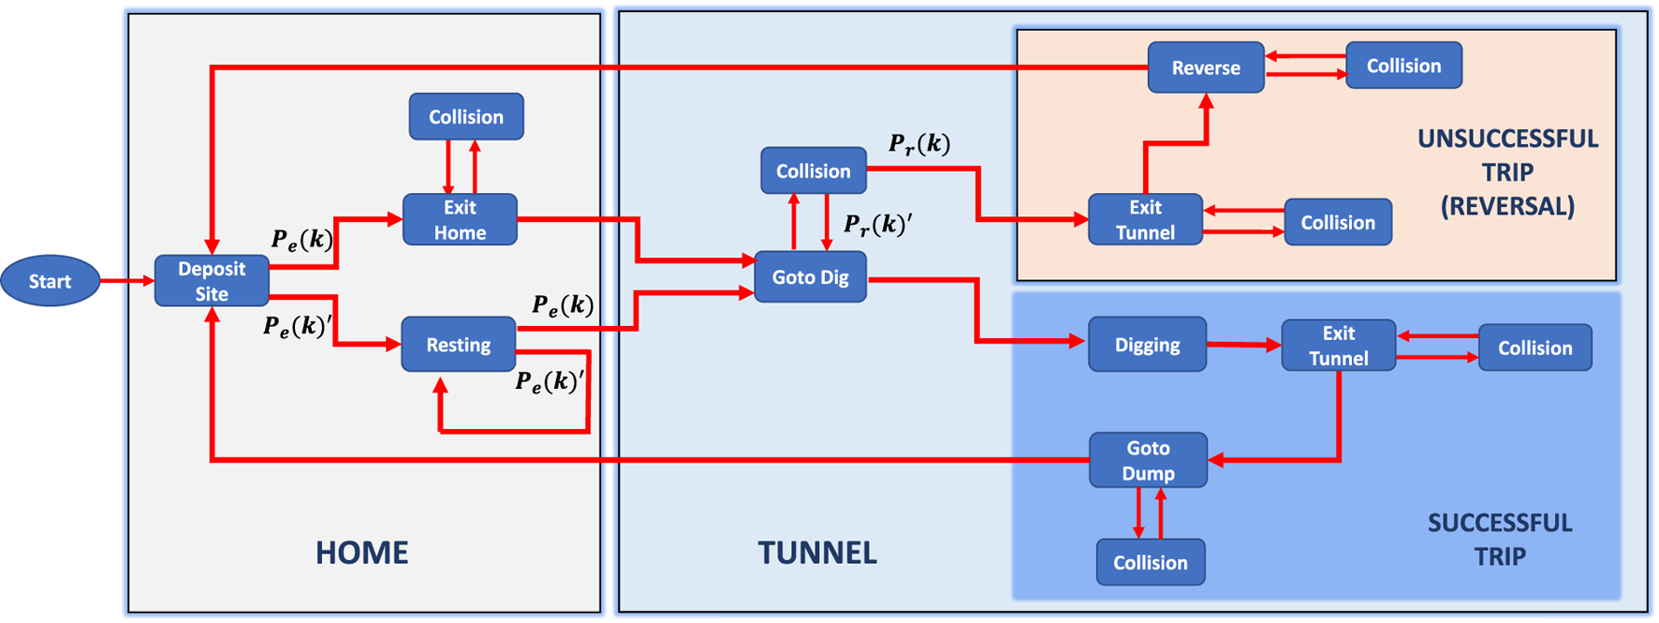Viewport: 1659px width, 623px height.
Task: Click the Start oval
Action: click(x=50, y=281)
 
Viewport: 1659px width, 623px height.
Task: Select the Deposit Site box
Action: click(x=212, y=281)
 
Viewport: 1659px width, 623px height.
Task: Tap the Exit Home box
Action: click(x=460, y=219)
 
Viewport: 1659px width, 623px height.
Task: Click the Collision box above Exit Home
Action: click(x=466, y=117)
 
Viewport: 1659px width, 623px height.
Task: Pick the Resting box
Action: click(x=459, y=345)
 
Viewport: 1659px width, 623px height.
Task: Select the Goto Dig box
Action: click(x=810, y=277)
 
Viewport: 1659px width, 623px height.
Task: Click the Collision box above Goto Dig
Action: click(x=813, y=171)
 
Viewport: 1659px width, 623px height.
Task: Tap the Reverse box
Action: click(x=1206, y=67)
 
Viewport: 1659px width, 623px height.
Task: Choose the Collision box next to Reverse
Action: click(x=1403, y=66)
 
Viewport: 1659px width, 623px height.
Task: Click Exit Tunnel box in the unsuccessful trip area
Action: click(x=1145, y=219)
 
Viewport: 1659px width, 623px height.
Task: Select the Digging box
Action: click(x=1147, y=345)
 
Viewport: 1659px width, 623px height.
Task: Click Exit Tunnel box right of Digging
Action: click(x=1338, y=346)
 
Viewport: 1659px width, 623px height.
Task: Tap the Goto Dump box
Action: click(x=1148, y=460)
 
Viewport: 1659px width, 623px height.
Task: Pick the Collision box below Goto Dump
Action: click(x=1151, y=562)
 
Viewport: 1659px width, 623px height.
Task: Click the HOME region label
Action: click(x=361, y=553)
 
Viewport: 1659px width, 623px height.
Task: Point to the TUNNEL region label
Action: click(x=817, y=553)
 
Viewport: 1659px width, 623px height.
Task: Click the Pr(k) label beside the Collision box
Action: click(x=919, y=143)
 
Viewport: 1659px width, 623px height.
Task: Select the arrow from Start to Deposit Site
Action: click(x=126, y=281)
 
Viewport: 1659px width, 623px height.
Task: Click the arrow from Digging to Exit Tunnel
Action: click(x=1243, y=345)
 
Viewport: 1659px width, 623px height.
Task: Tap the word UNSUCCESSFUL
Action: click(x=1507, y=139)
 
